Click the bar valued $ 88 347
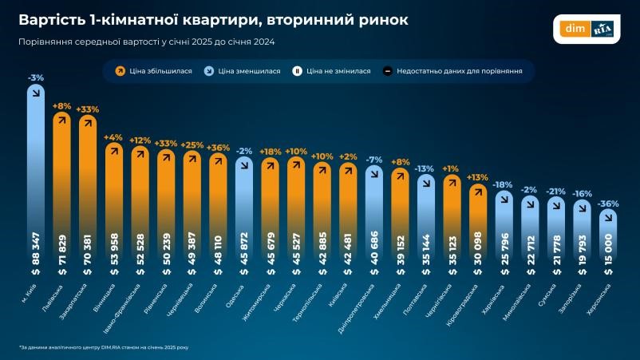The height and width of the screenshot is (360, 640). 36,184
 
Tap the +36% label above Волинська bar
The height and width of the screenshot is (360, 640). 218,148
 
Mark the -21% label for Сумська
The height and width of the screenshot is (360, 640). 556,192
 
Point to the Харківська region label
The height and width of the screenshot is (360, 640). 495,297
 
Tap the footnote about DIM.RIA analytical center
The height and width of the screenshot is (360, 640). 105,347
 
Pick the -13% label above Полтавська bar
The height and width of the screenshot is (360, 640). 425,168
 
